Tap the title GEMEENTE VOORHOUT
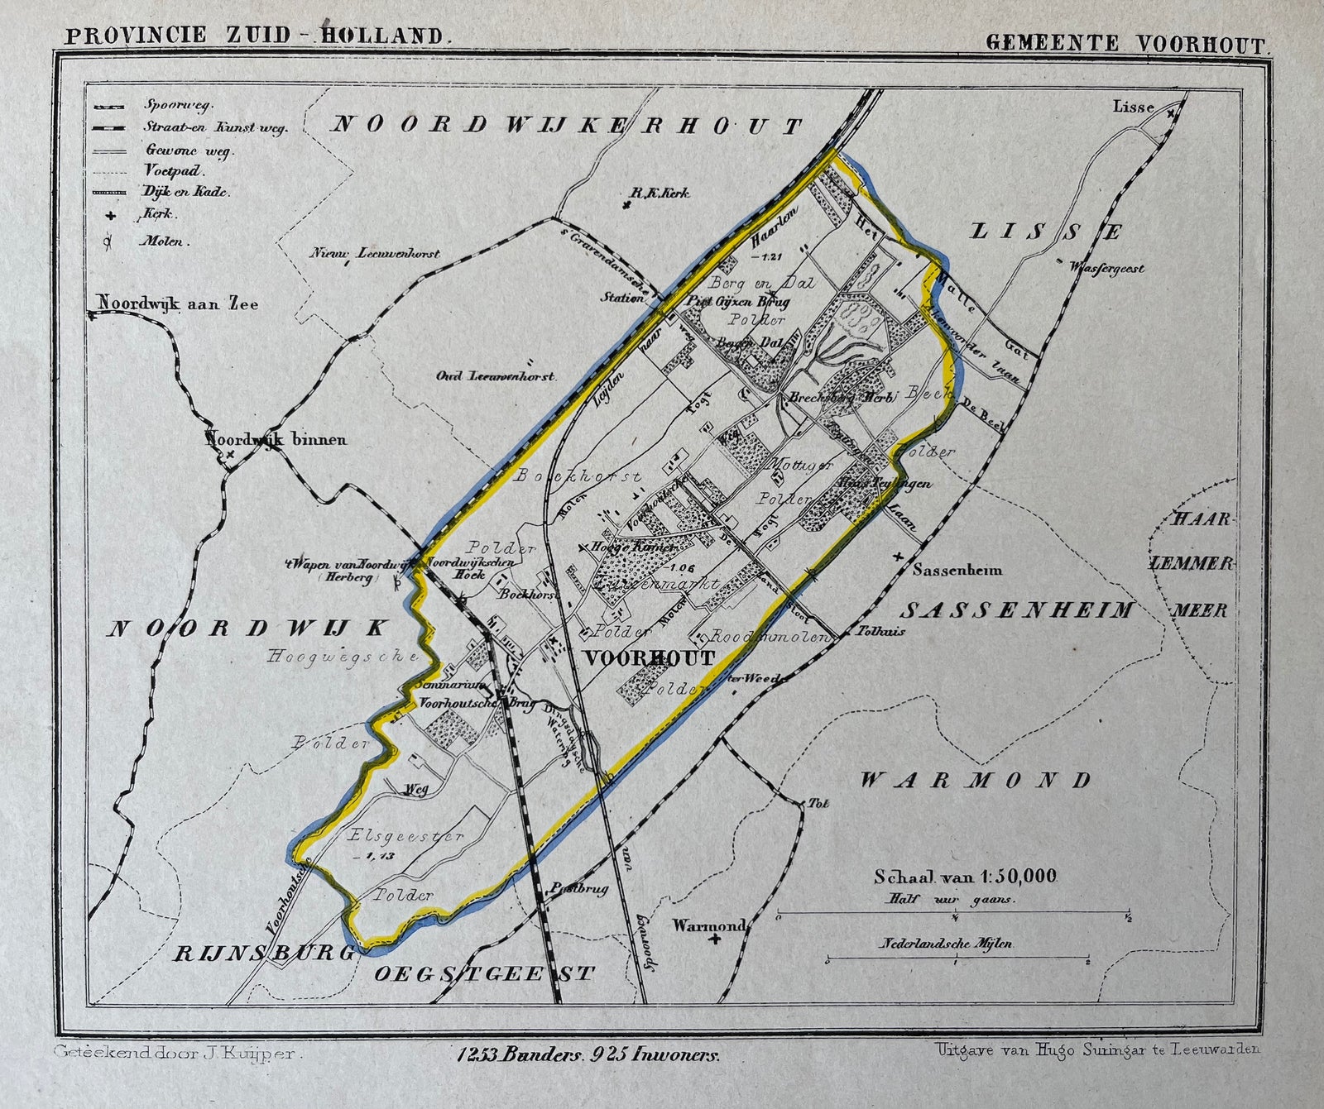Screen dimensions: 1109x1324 1125,43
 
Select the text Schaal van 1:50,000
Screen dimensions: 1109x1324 965,877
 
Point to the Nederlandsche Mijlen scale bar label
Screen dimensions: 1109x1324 946,943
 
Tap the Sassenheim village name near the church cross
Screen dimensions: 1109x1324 957,569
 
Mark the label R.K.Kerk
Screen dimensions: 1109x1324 660,194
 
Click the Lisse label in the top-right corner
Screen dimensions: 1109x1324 1133,107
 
